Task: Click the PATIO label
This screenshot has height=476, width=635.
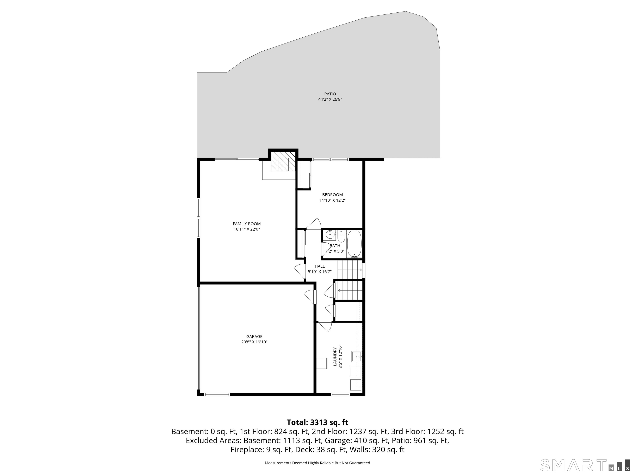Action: (330, 94)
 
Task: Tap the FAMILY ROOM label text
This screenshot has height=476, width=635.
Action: (247, 224)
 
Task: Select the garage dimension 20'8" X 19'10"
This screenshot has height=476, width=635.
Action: (254, 342)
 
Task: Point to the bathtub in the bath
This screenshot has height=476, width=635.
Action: (354, 244)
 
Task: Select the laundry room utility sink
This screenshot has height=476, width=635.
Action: (357, 357)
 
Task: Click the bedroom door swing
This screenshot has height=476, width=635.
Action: (315, 224)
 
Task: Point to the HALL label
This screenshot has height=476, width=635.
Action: (320, 266)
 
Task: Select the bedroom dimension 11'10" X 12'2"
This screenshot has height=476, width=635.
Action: (332, 200)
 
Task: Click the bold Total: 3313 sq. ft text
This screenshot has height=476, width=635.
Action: (317, 422)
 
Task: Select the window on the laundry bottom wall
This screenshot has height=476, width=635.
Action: (340, 395)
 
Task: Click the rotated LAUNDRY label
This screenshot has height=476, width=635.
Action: (335, 357)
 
